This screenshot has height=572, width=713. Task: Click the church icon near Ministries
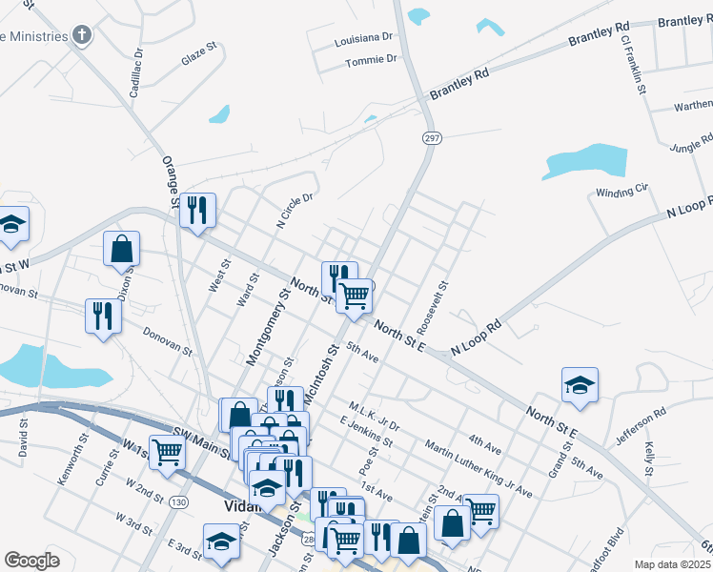82,36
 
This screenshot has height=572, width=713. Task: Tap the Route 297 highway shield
432,138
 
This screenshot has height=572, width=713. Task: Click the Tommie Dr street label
371,59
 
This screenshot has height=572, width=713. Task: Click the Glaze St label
200,59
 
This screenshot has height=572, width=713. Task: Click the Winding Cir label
621,193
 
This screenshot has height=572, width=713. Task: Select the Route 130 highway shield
178,501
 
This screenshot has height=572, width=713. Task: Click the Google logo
31,560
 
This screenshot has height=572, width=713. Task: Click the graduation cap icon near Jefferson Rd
579,384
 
